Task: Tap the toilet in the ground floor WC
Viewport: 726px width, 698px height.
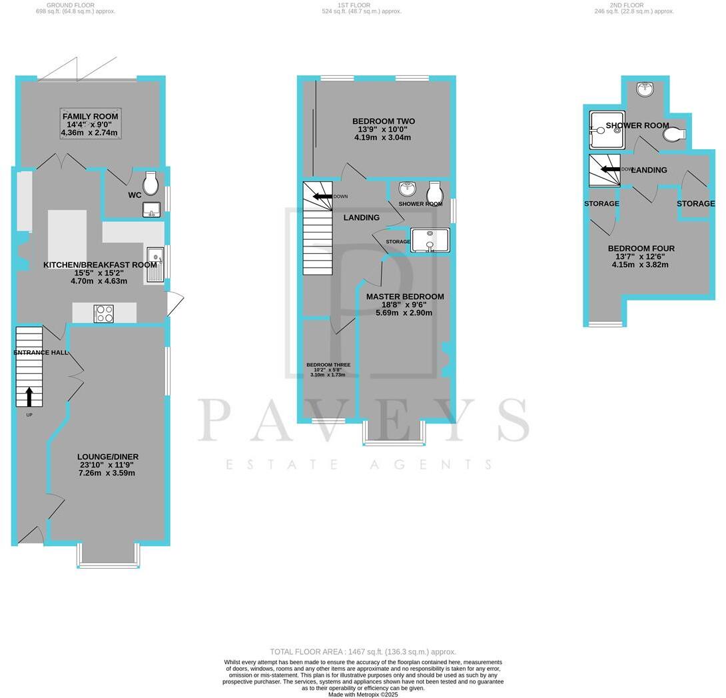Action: point(151,183)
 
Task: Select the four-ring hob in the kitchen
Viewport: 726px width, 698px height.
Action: point(105,313)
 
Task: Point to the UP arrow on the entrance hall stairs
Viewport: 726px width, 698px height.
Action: point(29,397)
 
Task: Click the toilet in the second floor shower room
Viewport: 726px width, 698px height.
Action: point(673,135)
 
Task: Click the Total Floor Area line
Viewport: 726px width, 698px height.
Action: point(363,651)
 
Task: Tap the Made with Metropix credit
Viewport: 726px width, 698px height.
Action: point(363,695)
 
